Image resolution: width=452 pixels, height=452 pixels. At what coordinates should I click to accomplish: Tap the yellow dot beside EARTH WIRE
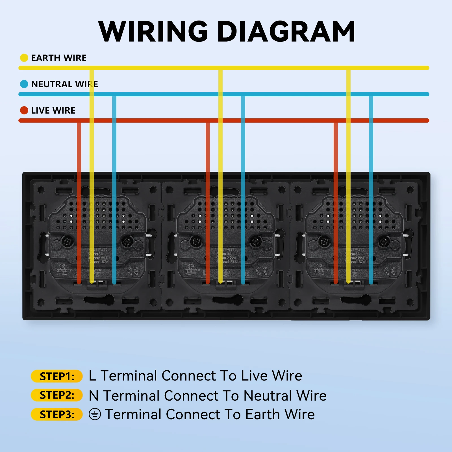[x=24, y=58]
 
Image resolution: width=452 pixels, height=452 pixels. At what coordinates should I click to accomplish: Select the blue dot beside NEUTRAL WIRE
[x=24, y=84]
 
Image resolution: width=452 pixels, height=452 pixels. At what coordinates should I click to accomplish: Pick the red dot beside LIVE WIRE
[x=24, y=110]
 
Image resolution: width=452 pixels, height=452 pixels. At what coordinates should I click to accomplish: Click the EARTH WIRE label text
[x=59, y=58]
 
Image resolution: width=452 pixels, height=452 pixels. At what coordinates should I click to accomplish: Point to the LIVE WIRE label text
[x=53, y=110]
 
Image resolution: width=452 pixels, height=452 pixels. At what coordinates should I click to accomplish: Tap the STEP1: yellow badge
[x=57, y=376]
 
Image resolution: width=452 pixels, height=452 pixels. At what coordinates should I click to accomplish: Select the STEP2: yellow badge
[x=57, y=395]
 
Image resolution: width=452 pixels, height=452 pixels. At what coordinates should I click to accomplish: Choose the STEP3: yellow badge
[x=57, y=414]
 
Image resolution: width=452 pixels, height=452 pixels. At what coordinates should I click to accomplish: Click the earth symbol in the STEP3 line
[x=95, y=414]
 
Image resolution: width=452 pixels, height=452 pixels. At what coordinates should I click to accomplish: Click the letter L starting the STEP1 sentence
[x=92, y=376]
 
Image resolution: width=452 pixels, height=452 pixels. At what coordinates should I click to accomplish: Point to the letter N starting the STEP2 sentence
[x=94, y=395]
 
